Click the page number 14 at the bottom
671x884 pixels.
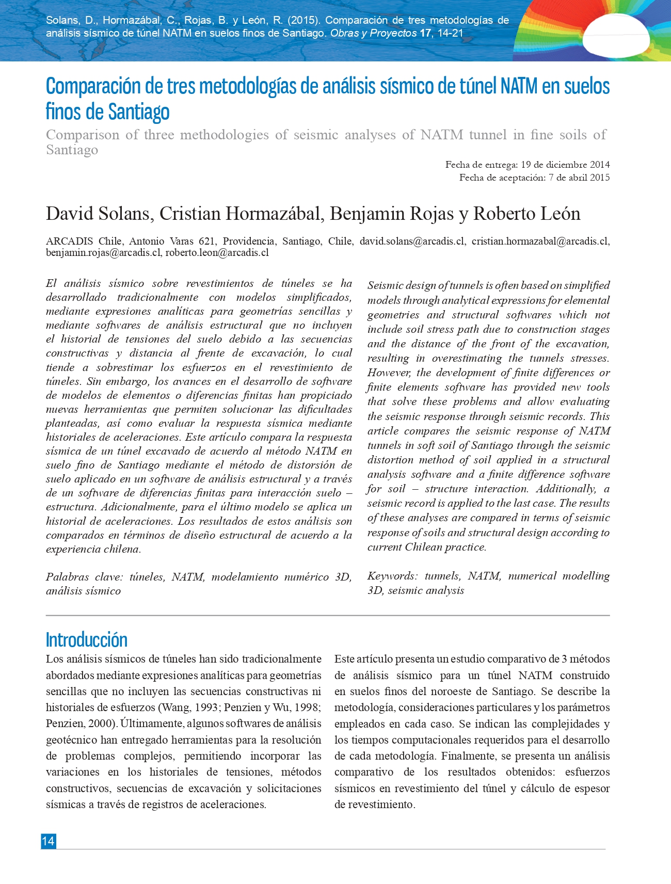[x=48, y=841]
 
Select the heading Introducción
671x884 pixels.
[x=86, y=639]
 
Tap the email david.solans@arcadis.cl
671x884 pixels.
[x=412, y=241]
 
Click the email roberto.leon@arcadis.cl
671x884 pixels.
[x=217, y=253]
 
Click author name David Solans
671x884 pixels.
[x=99, y=214]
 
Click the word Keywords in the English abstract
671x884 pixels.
[x=392, y=576]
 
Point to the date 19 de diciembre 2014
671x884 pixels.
[x=565, y=165]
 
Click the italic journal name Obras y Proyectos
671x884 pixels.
[x=373, y=33]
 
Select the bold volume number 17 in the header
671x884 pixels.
[x=425, y=33]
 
